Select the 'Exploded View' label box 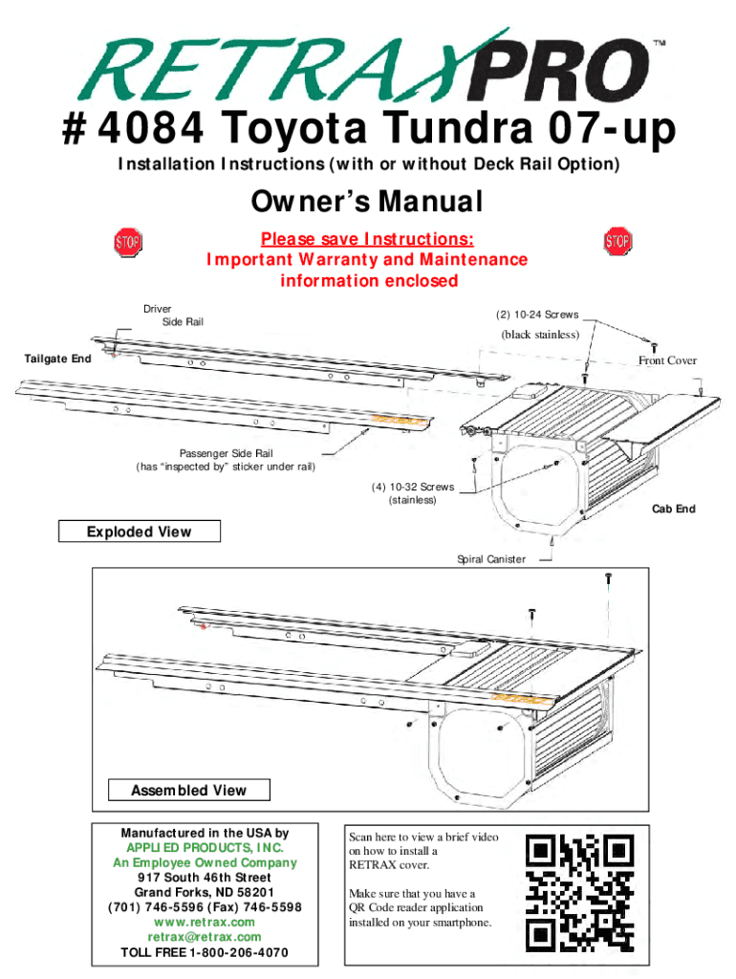[140, 532]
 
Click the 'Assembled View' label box [188, 790]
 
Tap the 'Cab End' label [673, 509]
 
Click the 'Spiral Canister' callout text [490, 558]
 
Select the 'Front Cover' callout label [667, 360]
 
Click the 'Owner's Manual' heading [367, 203]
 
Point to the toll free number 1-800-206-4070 [234, 953]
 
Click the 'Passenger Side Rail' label [226, 453]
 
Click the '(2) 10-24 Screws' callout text [535, 315]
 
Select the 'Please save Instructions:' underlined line [367, 239]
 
